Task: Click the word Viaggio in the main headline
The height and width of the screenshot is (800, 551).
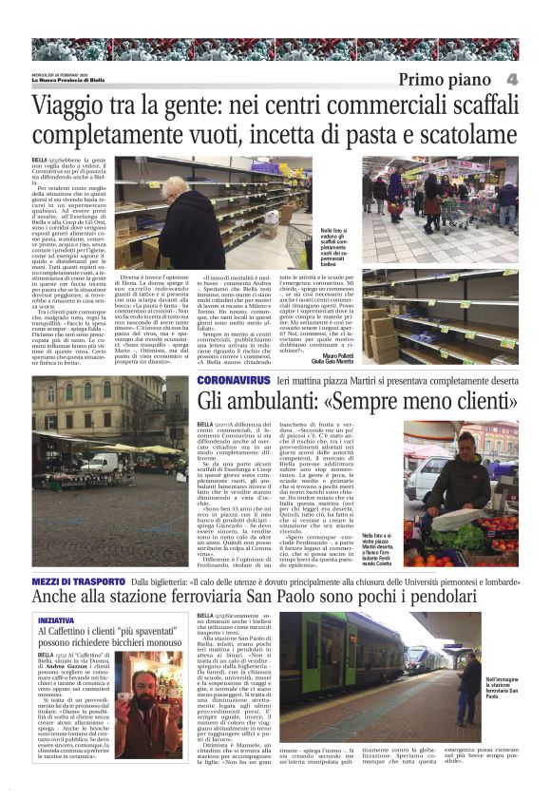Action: point(75,106)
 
